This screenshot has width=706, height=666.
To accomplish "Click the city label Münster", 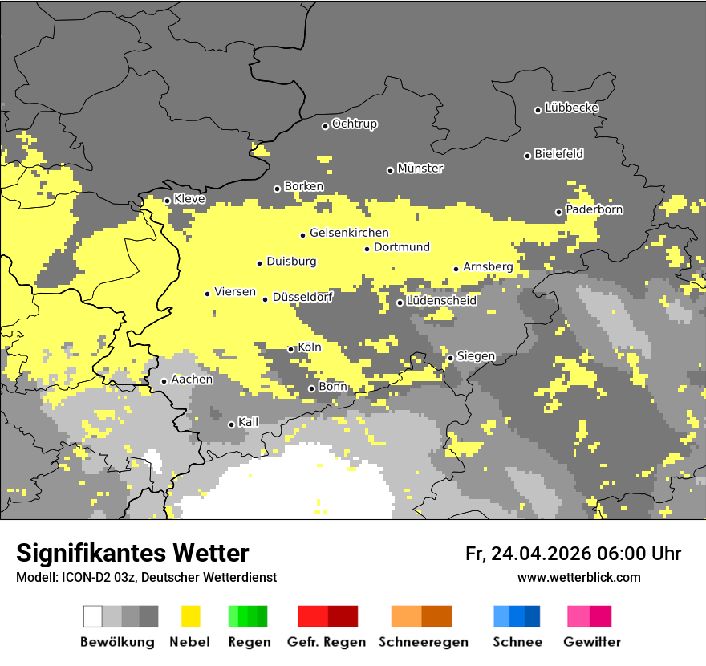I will tap(420, 169).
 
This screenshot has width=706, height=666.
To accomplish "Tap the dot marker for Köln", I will tap(290, 349).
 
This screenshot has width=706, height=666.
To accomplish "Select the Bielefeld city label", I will tap(558, 154).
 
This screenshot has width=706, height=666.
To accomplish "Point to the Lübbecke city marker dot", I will tap(538, 110).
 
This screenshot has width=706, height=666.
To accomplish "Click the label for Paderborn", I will tap(594, 209).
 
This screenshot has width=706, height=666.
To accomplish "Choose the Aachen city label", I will tap(192, 380).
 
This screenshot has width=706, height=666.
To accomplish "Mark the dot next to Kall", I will tap(231, 424).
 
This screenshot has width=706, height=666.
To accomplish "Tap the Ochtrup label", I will tap(354, 124).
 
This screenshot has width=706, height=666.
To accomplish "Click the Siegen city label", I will tap(476, 356).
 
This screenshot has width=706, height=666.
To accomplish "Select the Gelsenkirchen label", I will tap(349, 234).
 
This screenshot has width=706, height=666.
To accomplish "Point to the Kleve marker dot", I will tap(167, 201).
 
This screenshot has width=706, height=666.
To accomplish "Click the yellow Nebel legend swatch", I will tap(191, 616).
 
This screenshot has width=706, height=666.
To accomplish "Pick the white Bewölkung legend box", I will tap(92, 616).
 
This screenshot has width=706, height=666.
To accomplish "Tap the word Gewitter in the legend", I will tap(591, 642).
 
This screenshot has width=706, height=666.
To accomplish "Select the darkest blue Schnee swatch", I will tap(533, 616).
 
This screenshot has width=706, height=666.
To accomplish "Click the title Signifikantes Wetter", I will tap(132, 553).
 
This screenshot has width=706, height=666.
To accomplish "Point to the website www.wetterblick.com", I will tap(578, 577).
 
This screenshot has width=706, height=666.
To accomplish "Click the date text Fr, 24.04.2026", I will tap(528, 554).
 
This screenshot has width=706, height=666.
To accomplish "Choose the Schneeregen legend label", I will tap(424, 642).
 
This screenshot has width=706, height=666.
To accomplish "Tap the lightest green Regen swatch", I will tap(233, 616).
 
